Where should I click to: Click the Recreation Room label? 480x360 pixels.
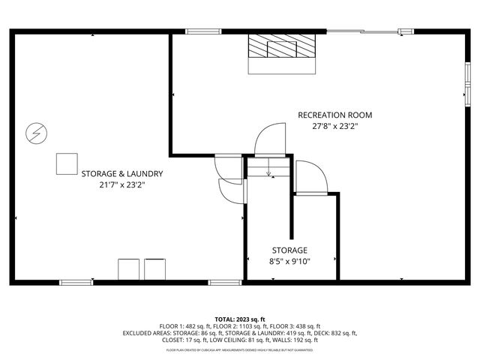(x=334, y=115)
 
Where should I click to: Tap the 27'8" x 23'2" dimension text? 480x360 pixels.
(x=334, y=127)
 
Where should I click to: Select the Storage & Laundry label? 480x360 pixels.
(x=122, y=173)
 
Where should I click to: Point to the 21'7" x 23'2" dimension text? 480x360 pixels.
(x=122, y=184)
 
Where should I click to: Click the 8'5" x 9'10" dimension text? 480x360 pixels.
(x=289, y=262)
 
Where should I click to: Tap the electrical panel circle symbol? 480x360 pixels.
(x=34, y=133)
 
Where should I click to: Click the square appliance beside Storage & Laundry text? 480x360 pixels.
(x=67, y=163)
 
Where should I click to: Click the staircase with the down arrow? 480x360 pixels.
(x=268, y=167)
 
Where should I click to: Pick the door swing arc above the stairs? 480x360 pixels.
(x=266, y=140)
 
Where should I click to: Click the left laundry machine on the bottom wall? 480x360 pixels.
(x=128, y=269)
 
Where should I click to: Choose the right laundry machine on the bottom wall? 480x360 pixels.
(x=155, y=269)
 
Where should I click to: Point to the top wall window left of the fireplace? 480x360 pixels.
(x=198, y=31)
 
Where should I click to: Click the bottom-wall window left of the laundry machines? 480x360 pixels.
(x=76, y=282)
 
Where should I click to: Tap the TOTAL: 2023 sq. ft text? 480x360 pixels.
(x=240, y=319)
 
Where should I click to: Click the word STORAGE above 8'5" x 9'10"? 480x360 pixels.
(x=289, y=250)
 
